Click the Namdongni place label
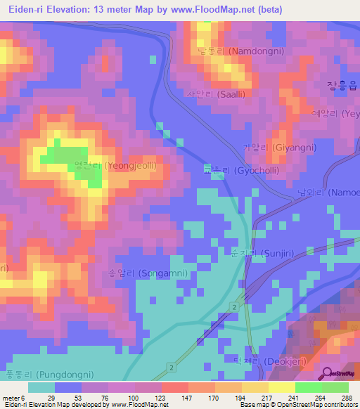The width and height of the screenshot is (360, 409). click(x=235, y=52)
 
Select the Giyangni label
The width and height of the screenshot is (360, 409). click(x=279, y=148)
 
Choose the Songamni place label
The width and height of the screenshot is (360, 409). click(x=137, y=273)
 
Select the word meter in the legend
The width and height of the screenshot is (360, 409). click(x=10, y=398)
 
